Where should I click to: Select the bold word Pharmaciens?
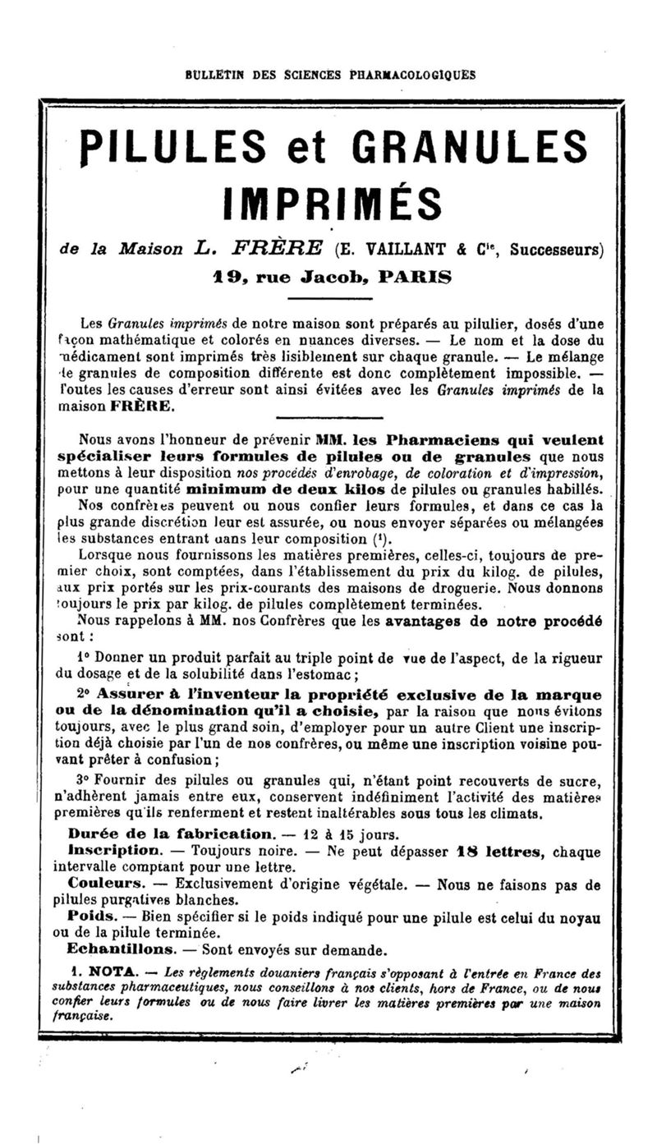tap(422, 439)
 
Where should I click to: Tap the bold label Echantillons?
tap(122, 950)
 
